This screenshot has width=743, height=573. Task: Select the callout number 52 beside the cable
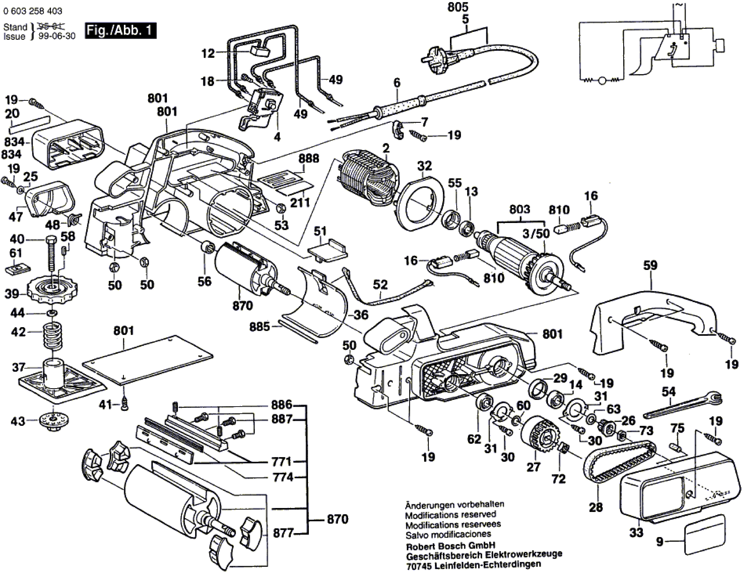[x=380, y=285]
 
